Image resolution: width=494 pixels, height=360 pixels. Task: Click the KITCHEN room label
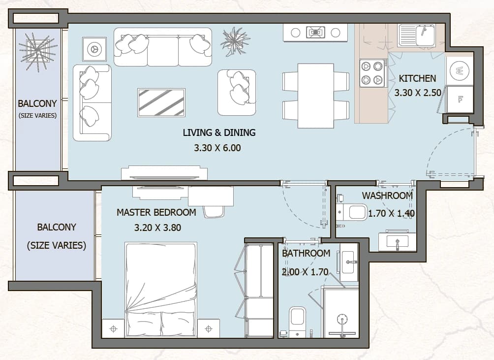417,78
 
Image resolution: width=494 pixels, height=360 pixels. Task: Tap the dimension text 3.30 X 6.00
217,148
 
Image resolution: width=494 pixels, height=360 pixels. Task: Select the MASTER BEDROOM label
156,212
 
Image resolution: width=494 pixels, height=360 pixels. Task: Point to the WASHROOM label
387,196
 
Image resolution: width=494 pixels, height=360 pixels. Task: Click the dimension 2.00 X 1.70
305,272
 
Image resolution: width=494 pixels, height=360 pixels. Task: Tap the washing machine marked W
460,70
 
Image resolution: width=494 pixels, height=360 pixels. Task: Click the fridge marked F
460,99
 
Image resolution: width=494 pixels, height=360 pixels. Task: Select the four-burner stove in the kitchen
372,73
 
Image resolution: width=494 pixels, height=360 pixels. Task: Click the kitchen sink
416,35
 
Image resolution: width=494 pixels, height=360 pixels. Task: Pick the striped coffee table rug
161,103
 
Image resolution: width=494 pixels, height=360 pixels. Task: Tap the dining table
316,96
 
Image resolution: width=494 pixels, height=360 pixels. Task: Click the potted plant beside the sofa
235,41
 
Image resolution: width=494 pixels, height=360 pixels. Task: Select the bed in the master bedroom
161,290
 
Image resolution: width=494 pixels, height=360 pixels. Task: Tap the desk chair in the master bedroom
214,212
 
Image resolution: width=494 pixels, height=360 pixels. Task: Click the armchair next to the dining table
237,93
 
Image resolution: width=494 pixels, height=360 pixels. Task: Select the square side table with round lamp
94,49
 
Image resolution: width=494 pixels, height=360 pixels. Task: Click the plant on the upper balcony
38,51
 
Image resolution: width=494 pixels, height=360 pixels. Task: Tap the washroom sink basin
397,242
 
